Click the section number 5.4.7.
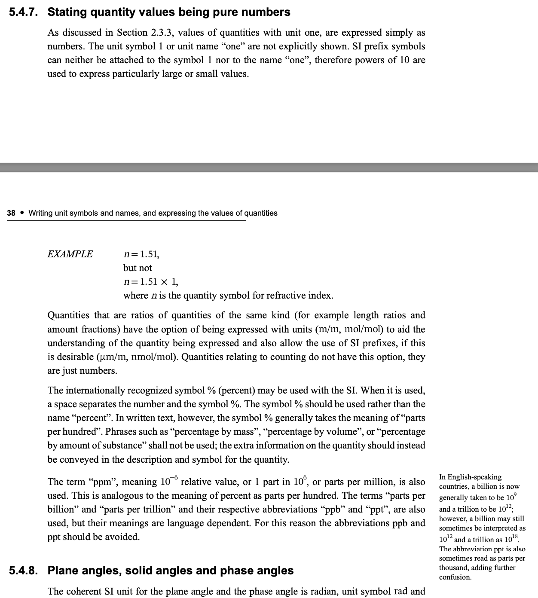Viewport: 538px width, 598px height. click(23, 12)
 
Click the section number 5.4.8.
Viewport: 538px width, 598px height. click(23, 571)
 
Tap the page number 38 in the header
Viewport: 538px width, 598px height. click(11, 213)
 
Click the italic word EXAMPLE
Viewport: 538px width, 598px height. click(70, 254)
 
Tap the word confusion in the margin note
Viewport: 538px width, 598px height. click(455, 577)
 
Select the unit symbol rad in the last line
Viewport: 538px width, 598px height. click(400, 591)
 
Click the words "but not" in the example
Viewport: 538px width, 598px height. click(138, 268)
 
